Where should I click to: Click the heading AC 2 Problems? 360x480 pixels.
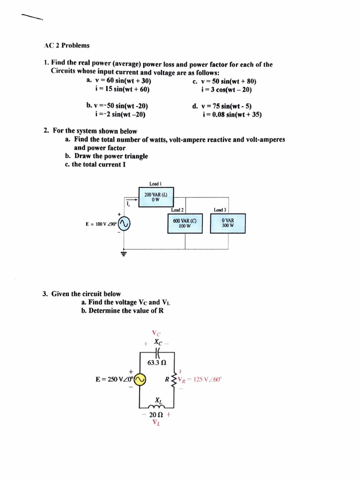point(67,45)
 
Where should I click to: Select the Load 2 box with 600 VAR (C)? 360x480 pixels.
point(185,223)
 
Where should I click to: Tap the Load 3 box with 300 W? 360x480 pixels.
point(228,223)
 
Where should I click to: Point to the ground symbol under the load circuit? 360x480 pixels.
point(124,254)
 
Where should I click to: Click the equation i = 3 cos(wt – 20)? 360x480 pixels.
point(226,89)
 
